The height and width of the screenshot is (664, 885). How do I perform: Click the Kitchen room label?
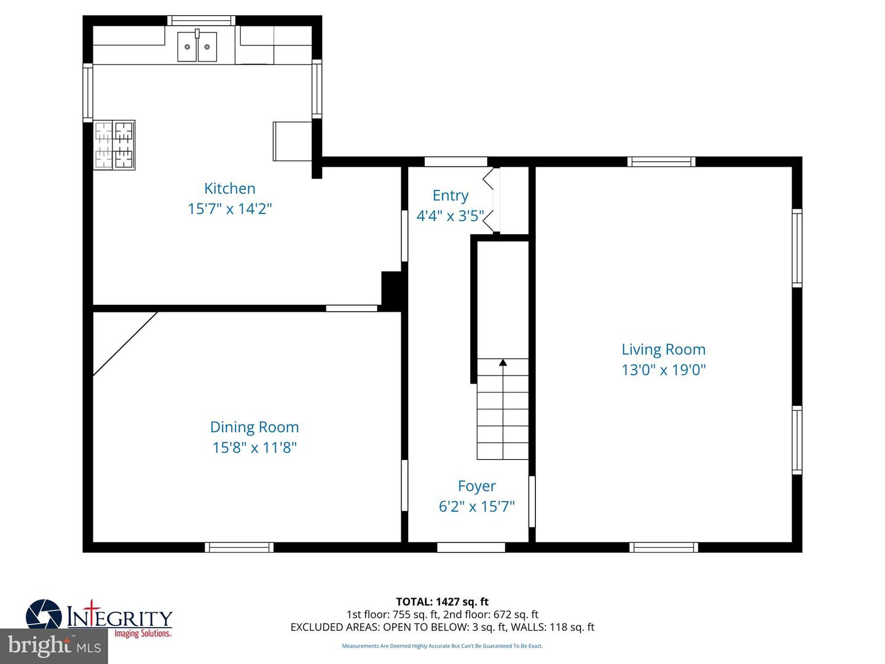click(x=229, y=189)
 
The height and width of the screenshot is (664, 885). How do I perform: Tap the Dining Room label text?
click(x=254, y=427)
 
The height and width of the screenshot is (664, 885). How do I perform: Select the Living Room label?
click(x=663, y=349)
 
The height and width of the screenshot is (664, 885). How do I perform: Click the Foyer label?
click(x=476, y=486)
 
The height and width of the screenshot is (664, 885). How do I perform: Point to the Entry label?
click(x=450, y=196)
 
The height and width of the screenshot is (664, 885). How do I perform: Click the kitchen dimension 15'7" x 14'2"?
click(x=229, y=209)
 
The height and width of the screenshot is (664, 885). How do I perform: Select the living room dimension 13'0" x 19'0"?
click(x=663, y=370)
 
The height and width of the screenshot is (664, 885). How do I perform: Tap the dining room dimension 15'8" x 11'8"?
click(x=254, y=448)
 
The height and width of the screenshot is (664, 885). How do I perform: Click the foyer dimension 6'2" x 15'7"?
click(x=476, y=507)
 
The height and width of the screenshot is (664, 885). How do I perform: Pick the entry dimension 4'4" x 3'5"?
click(x=450, y=216)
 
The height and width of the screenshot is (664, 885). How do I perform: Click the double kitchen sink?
click(x=197, y=47)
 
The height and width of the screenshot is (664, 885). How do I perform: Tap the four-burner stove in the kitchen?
click(x=114, y=145)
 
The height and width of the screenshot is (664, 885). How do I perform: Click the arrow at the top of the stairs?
click(x=503, y=363)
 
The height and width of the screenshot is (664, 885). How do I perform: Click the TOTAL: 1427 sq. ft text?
click(x=442, y=601)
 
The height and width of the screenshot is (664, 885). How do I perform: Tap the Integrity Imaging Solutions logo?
click(x=98, y=617)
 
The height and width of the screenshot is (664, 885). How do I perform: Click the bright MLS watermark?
click(x=54, y=646)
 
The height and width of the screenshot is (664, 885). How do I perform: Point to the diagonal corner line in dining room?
click(x=125, y=343)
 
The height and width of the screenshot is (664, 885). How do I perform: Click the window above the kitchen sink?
click(x=200, y=20)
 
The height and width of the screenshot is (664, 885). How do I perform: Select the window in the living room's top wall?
click(x=661, y=162)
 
